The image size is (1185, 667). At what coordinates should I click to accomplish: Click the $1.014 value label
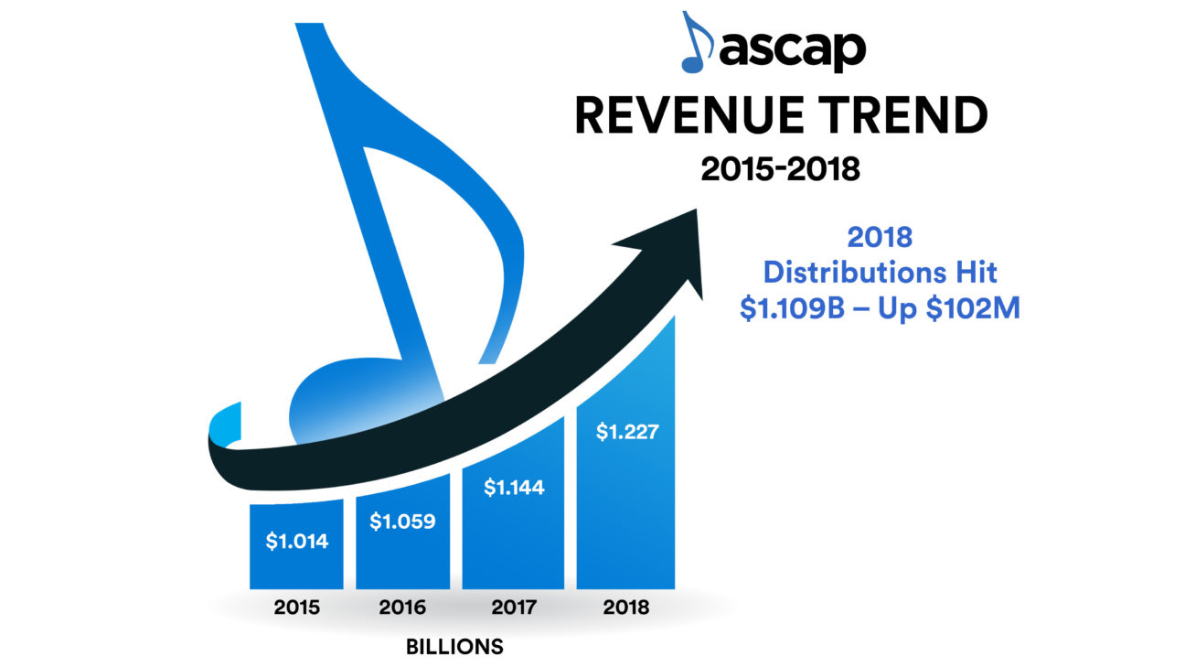296,541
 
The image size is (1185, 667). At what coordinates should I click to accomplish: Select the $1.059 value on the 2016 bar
402,522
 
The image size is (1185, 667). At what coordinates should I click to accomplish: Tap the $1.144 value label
513,488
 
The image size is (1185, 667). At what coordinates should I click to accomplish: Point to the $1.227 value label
625,432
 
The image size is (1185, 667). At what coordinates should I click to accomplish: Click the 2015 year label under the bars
296,608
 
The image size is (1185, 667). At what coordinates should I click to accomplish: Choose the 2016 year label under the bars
402,608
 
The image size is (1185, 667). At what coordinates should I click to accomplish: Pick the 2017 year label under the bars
513,608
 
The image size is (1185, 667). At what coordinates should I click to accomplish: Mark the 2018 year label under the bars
625,608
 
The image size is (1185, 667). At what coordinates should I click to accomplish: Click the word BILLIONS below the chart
454,647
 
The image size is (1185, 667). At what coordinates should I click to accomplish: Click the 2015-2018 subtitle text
780,169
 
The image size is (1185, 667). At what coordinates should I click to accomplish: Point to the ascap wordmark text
792,51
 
